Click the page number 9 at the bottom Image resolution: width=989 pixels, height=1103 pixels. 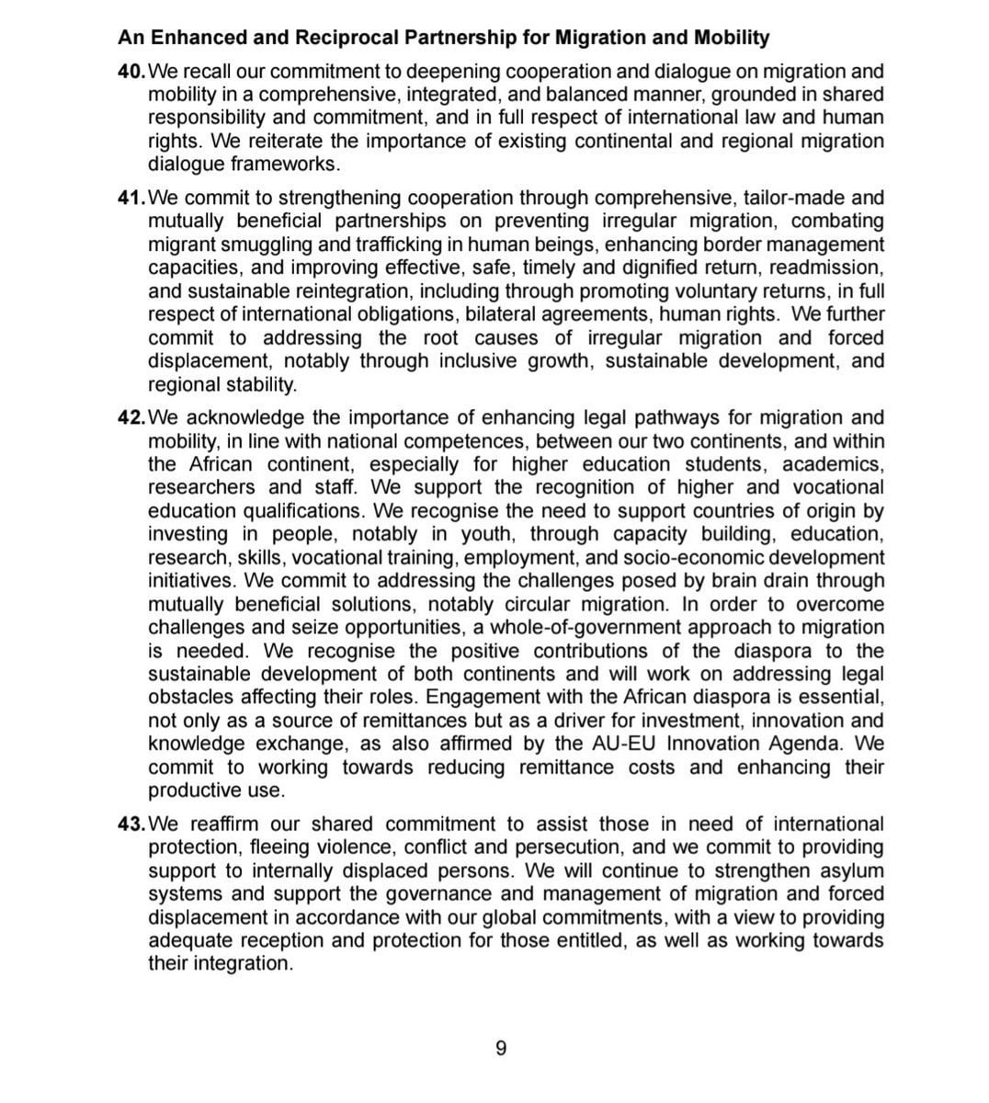click(x=501, y=1048)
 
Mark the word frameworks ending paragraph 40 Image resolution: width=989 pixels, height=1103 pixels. click(x=291, y=165)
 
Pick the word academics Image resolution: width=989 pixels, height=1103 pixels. click(x=837, y=464)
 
